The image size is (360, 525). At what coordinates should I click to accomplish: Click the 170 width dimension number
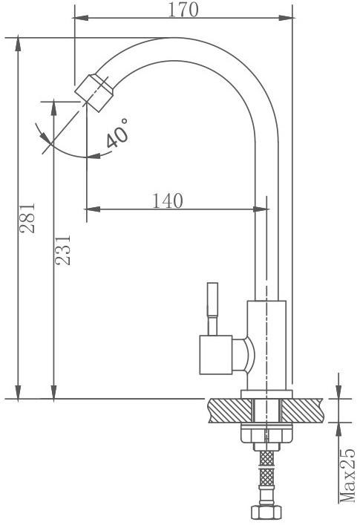pyautogui.click(x=183, y=10)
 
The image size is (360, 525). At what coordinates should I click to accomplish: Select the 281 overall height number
pyautogui.click(x=27, y=218)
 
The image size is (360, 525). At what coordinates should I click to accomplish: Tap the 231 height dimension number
pyautogui.click(x=63, y=250)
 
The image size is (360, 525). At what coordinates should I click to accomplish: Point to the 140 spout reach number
pyautogui.click(x=168, y=201)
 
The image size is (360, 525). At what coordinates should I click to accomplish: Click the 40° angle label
pyautogui.click(x=117, y=133)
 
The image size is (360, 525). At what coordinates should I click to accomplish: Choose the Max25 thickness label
pyautogui.click(x=347, y=475)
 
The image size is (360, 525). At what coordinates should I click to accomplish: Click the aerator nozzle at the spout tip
pyautogui.click(x=94, y=93)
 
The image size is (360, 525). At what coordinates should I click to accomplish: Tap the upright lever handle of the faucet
pyautogui.click(x=212, y=309)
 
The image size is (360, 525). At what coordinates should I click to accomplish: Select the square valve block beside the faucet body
pyautogui.click(x=216, y=355)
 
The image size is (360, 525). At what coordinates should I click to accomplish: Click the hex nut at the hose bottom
pyautogui.click(x=266, y=512)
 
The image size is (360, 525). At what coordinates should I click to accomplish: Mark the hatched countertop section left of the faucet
pyautogui.click(x=231, y=411)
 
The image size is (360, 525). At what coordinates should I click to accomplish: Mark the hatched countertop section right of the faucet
pyautogui.click(x=303, y=411)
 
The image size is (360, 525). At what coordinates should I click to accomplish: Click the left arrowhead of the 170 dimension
pyautogui.click(x=81, y=18)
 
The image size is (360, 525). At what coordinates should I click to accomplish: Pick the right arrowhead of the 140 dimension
pyautogui.click(x=261, y=209)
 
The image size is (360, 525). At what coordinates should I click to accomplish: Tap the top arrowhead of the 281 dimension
pyautogui.click(x=18, y=45)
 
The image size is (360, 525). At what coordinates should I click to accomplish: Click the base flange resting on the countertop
pyautogui.click(x=266, y=394)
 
